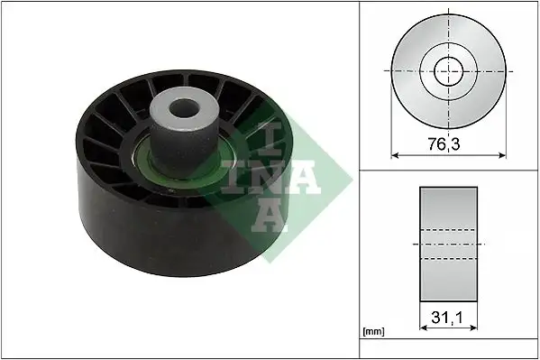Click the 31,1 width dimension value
click(x=448, y=318)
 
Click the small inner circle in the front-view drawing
click(x=448, y=69)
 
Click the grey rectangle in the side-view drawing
click(x=448, y=244)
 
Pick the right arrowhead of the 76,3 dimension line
click(x=501, y=154)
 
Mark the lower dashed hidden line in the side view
click(x=448, y=260)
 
